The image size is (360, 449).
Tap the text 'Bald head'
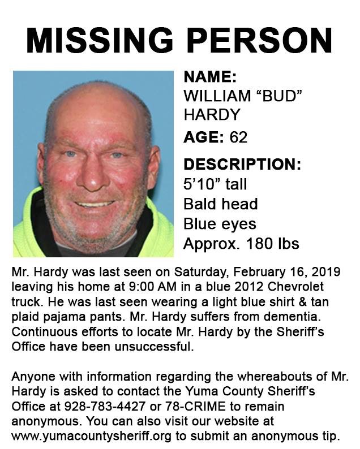[x=220, y=204]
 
